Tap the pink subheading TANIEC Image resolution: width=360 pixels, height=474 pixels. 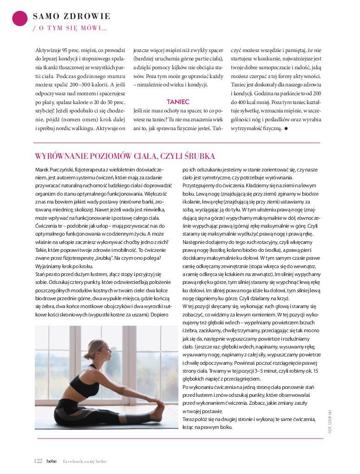[x=178, y=101]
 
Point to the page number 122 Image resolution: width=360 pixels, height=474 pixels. [x=39, y=461]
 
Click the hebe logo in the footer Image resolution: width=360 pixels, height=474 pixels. [x=52, y=461]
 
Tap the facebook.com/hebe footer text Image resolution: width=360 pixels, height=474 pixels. [x=85, y=461]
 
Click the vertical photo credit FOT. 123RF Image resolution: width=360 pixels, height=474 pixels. [x=329, y=421]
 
